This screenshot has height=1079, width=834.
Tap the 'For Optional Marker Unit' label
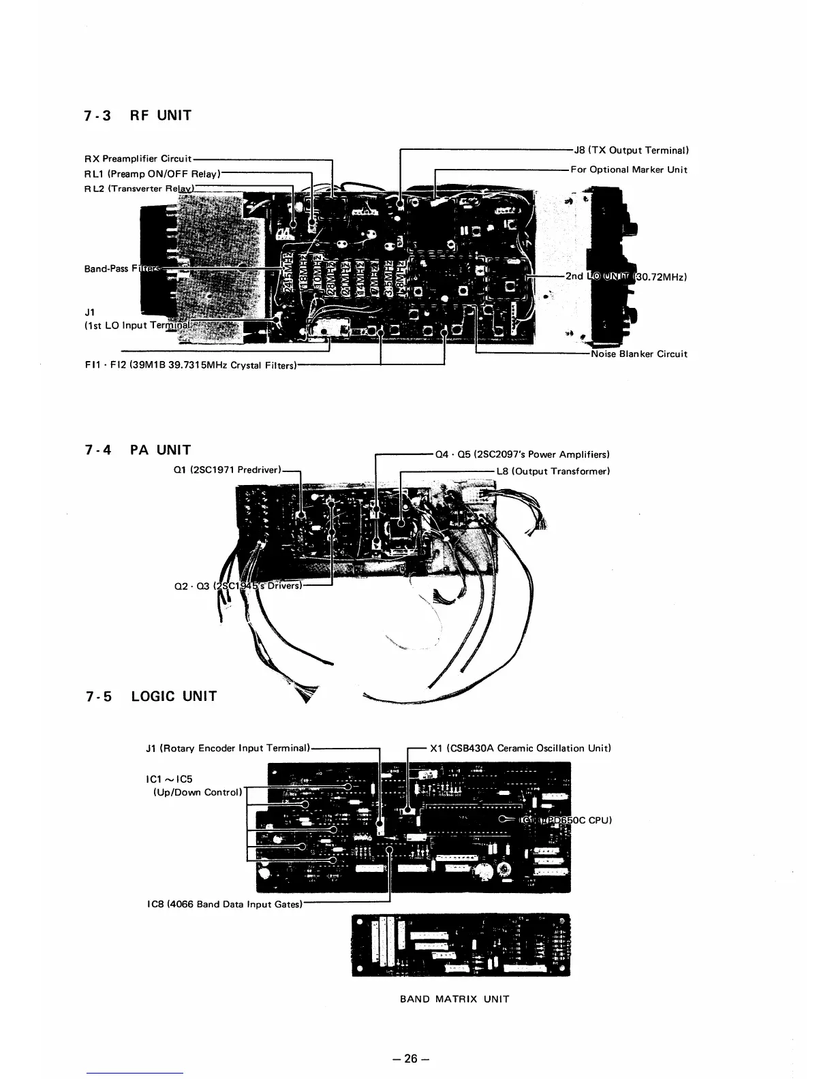pos(629,170)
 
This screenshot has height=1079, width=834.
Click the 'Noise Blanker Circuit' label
pos(639,354)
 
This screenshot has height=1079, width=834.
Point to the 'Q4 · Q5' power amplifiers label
pos(522,454)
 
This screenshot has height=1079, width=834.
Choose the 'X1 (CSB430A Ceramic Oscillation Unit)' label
pos(520,748)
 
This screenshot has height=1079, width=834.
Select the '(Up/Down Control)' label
pos(195,792)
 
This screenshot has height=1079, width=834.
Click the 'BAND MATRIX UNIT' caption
pos(454,999)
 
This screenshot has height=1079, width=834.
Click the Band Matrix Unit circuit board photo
pos(461,945)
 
